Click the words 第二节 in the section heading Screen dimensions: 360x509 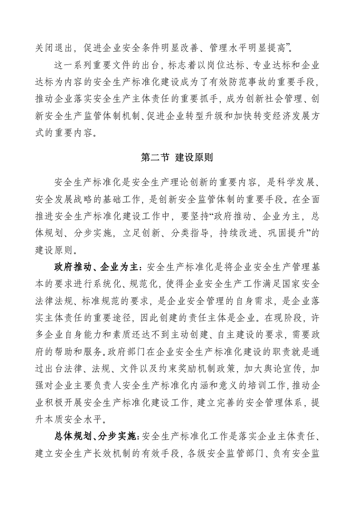point(155,158)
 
